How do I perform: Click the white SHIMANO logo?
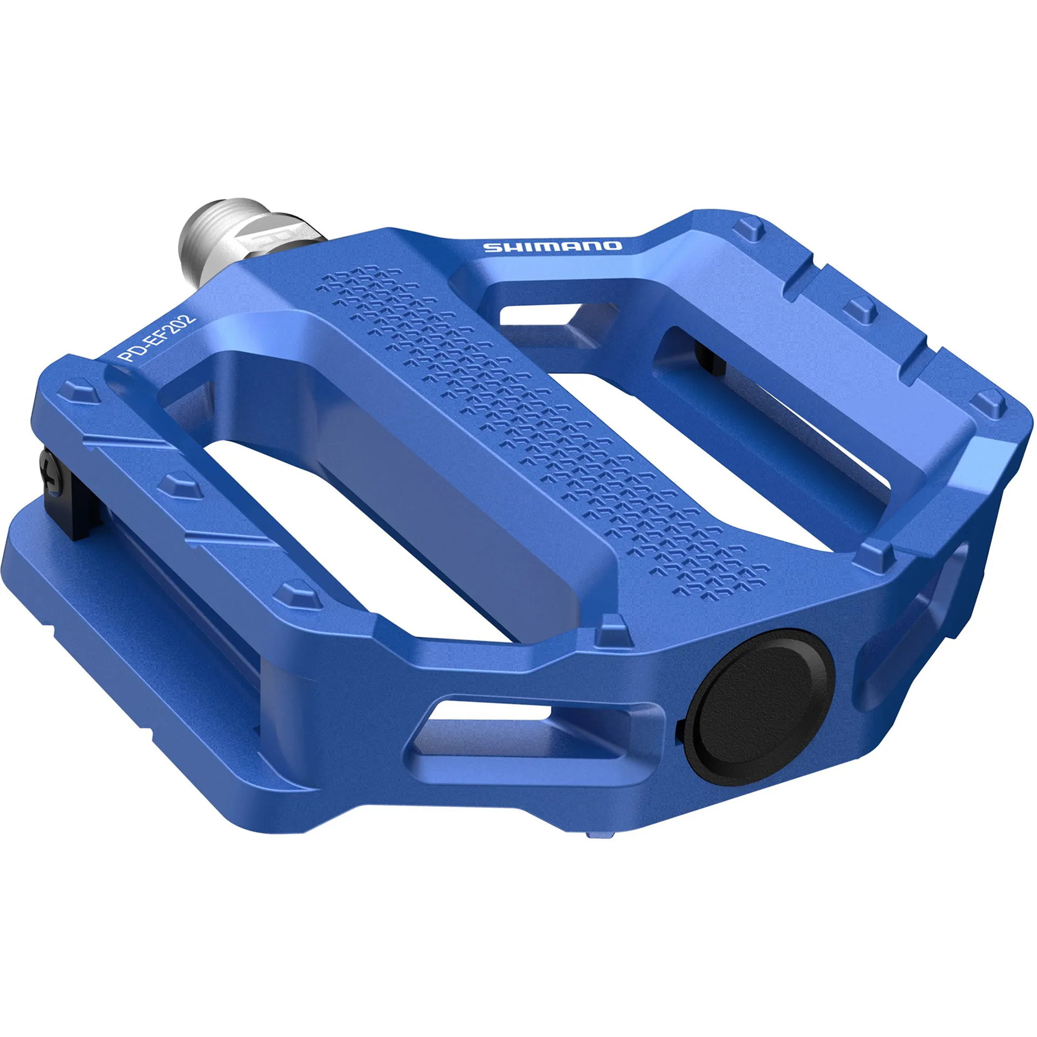[552, 247]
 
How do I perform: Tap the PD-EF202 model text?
[157, 341]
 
